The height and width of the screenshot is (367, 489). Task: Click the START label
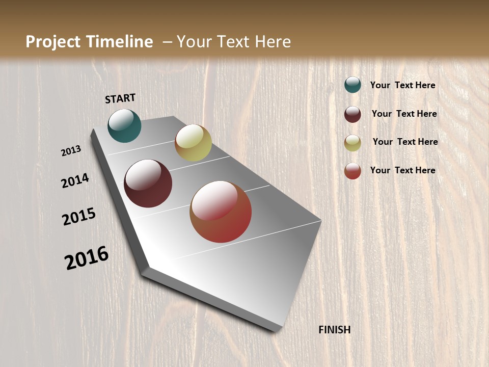[120, 98]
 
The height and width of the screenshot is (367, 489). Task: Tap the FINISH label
[335, 330]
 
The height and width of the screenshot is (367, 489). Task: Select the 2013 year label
[71, 151]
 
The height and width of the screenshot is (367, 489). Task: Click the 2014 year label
[75, 180]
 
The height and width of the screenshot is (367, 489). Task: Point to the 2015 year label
[79, 217]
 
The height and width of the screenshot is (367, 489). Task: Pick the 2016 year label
[87, 258]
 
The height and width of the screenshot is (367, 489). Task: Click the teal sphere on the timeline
[124, 125]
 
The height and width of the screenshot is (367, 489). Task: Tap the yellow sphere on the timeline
[193, 143]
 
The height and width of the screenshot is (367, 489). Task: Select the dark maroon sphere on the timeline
[148, 183]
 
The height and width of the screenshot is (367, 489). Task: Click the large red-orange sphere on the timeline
[221, 212]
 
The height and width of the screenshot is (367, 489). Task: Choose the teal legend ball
[352, 85]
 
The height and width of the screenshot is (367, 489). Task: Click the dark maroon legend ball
[352, 114]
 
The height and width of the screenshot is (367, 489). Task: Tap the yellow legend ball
[352, 143]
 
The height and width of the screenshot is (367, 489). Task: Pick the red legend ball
[352, 171]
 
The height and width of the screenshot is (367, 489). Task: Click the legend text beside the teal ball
[402, 85]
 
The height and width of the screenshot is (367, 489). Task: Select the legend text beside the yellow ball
[405, 142]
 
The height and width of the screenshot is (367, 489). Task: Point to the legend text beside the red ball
[402, 170]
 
